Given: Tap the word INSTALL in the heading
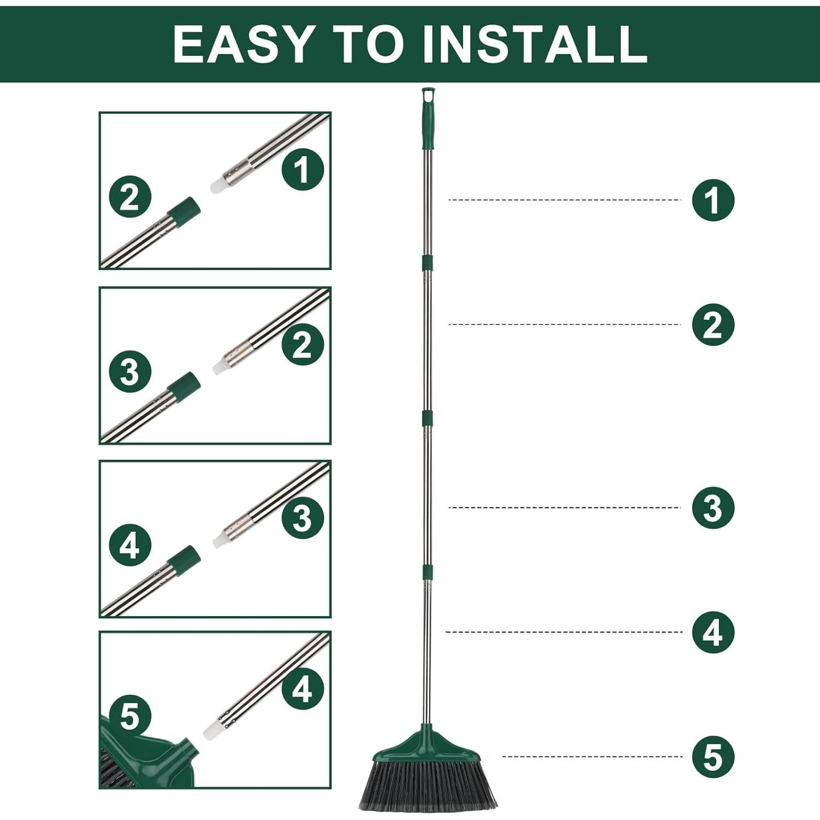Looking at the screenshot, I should coord(535,44).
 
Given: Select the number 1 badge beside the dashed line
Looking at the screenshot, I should coord(713,200).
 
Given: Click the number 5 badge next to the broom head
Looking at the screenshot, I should coord(713,757).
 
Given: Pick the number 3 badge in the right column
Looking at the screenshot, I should coord(713,508).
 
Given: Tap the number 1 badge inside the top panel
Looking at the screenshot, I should coord(303,169).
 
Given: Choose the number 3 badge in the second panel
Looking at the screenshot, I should coord(130,372).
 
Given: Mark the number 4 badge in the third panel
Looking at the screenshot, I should coord(130,546).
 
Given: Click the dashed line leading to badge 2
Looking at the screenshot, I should coord(563,325).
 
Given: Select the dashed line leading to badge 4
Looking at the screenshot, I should coord(563,632).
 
